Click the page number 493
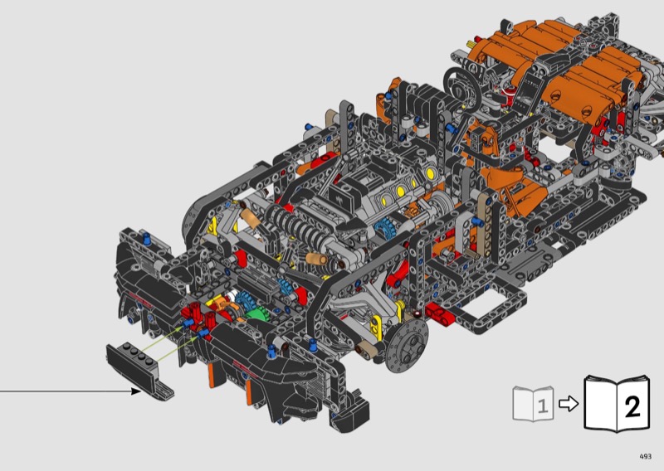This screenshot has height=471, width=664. tap(645, 456)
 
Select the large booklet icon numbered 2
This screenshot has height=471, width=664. tap(617, 404)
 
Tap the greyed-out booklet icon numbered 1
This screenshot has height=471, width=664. tap(533, 403)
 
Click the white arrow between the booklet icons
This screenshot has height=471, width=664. tap(569, 403)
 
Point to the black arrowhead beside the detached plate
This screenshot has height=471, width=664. tap(136, 391)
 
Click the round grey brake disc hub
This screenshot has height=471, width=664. tap(408, 346)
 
